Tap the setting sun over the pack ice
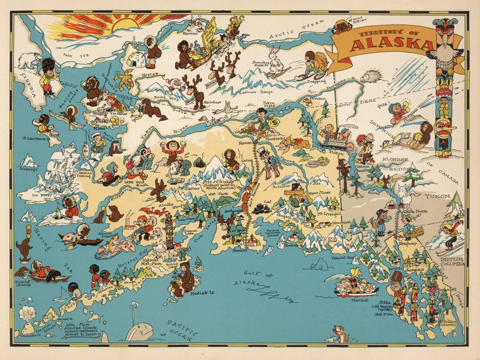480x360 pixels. (x=125, y=24)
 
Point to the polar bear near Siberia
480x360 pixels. (x=29, y=60)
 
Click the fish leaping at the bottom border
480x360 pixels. (x=340, y=333)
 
